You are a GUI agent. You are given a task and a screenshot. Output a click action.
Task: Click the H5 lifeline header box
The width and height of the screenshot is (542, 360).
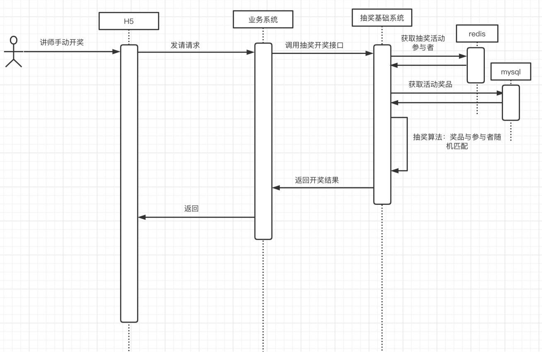128,21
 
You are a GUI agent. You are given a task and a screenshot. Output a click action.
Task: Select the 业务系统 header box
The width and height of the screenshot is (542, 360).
263,19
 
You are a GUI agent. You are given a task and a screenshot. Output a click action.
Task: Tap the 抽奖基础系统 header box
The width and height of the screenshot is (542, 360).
381,18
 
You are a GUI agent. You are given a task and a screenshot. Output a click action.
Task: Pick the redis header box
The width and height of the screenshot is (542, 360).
477,34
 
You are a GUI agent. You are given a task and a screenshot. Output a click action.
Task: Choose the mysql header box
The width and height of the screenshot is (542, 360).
511,72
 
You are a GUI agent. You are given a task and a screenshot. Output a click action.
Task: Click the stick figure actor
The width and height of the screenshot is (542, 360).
14,51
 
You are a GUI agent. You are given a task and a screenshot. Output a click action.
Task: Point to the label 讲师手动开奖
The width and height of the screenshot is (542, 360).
62,42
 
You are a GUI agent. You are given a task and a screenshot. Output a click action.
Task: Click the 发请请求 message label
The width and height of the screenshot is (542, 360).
185,45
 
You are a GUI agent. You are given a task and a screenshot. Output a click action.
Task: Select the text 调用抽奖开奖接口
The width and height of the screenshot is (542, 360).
314,45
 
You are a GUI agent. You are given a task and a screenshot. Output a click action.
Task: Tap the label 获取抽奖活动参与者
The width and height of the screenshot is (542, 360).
423,43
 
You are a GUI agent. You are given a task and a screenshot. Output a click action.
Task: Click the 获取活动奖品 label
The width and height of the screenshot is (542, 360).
430,84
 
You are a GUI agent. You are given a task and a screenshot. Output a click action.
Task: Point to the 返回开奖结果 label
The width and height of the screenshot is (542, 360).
317,180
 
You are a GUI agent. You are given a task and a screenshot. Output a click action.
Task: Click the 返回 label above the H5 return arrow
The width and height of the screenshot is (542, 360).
191,209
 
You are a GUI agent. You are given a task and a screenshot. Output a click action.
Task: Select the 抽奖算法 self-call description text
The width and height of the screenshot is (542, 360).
457,141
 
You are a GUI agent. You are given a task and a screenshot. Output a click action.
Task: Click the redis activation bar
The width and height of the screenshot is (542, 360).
476,65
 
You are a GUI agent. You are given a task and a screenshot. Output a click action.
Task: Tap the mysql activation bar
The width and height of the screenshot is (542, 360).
511,102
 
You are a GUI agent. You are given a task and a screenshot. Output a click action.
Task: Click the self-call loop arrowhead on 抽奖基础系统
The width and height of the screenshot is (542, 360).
394,170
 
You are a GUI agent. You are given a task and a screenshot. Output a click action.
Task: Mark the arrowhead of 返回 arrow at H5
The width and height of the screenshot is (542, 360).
142,217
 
